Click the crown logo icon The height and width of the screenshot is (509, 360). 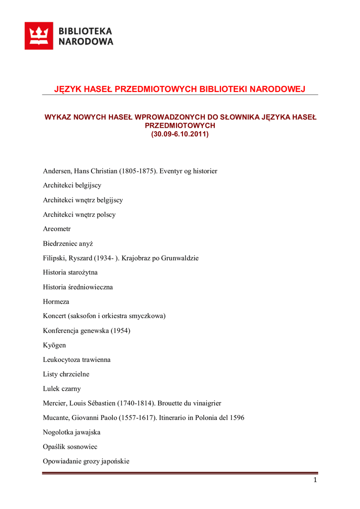point(39,36)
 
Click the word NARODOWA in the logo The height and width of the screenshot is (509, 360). point(86,42)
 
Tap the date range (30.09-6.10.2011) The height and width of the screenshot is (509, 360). point(180,134)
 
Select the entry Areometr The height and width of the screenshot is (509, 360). point(57,229)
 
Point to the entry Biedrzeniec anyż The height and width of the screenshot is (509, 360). point(68,244)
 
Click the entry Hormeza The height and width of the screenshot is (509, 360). point(56,302)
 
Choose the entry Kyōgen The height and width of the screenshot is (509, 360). point(54,345)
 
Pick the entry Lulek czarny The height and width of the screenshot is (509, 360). point(63,389)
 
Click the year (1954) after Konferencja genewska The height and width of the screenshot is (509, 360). point(121,331)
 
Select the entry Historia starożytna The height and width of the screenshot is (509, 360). point(70,273)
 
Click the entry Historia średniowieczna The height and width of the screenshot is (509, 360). point(78,287)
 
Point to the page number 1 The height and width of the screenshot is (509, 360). point(315,480)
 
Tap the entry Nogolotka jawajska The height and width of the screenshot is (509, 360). point(72,432)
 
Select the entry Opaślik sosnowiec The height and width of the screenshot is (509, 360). point(70,447)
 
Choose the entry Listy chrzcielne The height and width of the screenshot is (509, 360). point(66,374)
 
